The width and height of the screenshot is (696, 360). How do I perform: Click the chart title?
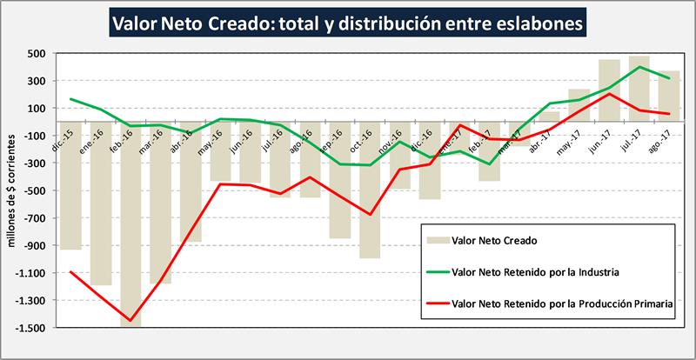(347, 23)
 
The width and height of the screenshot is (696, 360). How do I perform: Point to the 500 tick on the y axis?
(35, 53)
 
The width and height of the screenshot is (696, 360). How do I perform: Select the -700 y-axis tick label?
(32, 218)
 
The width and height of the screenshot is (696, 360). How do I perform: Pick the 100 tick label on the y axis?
(35, 108)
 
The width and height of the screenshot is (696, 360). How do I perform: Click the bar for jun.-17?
(609, 90)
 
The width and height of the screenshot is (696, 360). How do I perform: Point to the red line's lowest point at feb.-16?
(131, 321)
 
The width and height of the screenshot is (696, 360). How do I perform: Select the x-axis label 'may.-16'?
(208, 141)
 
